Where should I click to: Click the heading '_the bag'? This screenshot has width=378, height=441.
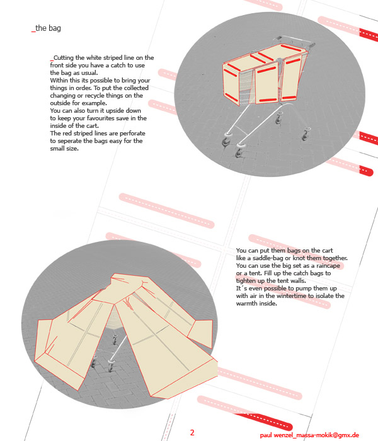point(46,28)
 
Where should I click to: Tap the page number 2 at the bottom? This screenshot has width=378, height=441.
point(192,432)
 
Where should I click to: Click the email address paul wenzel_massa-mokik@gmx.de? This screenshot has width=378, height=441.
point(309,435)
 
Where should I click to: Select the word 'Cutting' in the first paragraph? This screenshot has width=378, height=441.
point(64,58)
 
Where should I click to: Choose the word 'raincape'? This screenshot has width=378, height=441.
point(328,265)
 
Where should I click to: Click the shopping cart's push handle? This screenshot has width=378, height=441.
point(294,40)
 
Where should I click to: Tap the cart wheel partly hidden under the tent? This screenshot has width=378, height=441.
point(115,340)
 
